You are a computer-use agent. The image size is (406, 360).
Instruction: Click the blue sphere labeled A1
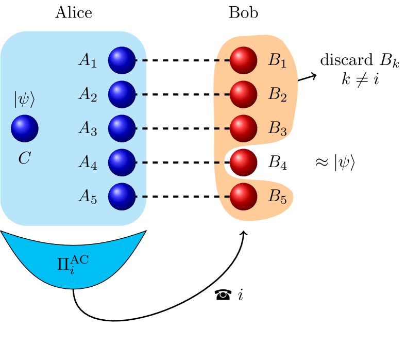122,60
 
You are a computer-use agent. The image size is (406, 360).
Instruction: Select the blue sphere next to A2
122,94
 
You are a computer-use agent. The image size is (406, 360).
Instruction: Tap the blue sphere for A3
122,128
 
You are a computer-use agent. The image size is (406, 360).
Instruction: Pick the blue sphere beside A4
122,162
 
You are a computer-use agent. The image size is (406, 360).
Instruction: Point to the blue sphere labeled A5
122,197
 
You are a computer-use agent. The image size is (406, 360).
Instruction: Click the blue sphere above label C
25,128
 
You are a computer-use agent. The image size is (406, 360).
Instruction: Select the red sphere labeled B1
243,60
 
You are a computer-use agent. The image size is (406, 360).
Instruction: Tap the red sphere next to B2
243,94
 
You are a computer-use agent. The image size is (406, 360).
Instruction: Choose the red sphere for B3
243,128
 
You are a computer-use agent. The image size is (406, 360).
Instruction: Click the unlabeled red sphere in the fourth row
243,162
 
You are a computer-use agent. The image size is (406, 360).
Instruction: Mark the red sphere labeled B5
243,197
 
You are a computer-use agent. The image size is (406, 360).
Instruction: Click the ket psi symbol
25,100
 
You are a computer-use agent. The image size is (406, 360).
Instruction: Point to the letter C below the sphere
24,159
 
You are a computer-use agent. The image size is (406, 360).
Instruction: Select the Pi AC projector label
73,263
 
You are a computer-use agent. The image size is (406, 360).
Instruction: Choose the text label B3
277,129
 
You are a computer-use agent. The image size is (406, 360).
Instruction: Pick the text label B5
277,197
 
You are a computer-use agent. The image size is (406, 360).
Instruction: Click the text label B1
277,61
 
